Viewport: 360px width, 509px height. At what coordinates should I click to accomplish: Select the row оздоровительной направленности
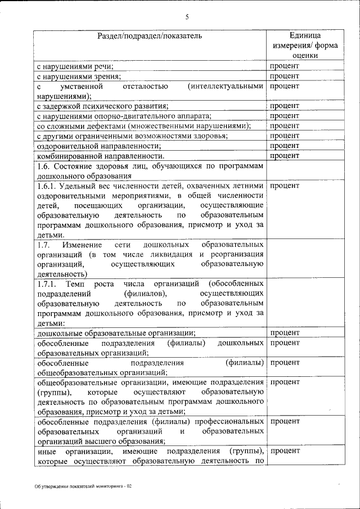94,146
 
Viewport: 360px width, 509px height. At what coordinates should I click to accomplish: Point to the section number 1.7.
44,245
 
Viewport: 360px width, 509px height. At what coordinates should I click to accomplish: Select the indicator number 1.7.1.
48,284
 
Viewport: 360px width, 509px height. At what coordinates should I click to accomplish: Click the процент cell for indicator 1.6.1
285,186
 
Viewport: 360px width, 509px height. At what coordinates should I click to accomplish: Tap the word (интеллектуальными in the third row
227,87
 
